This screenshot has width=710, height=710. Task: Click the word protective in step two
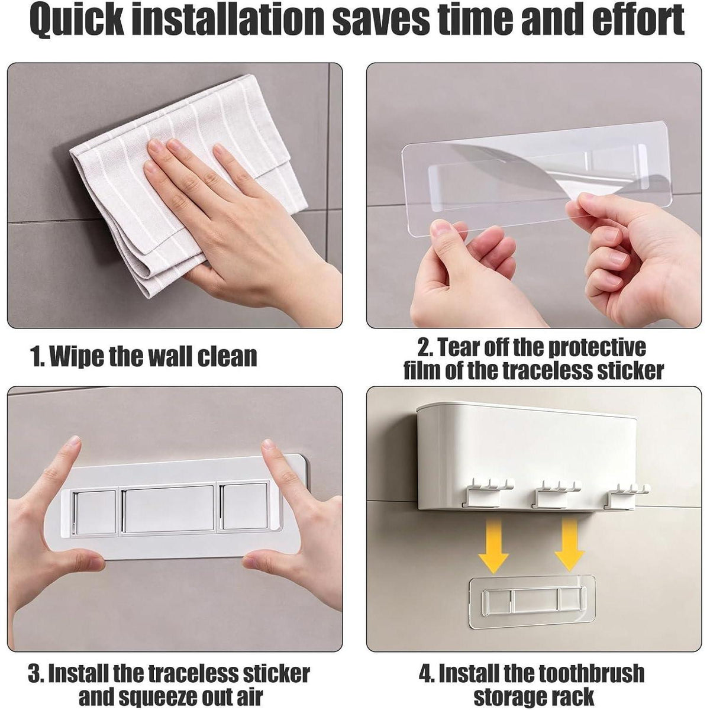[x=596, y=348]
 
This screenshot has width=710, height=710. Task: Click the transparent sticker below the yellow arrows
[x=532, y=599]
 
